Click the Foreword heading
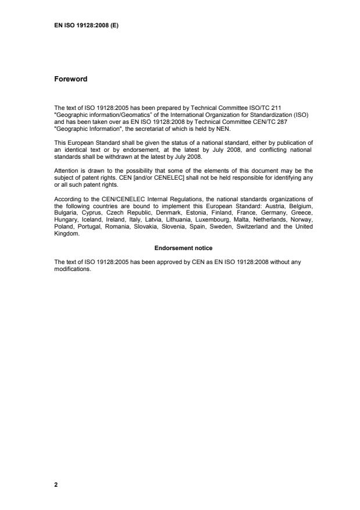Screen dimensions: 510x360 click(70, 79)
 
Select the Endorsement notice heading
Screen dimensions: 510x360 click(179, 248)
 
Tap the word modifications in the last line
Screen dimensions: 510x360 click(73, 270)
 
